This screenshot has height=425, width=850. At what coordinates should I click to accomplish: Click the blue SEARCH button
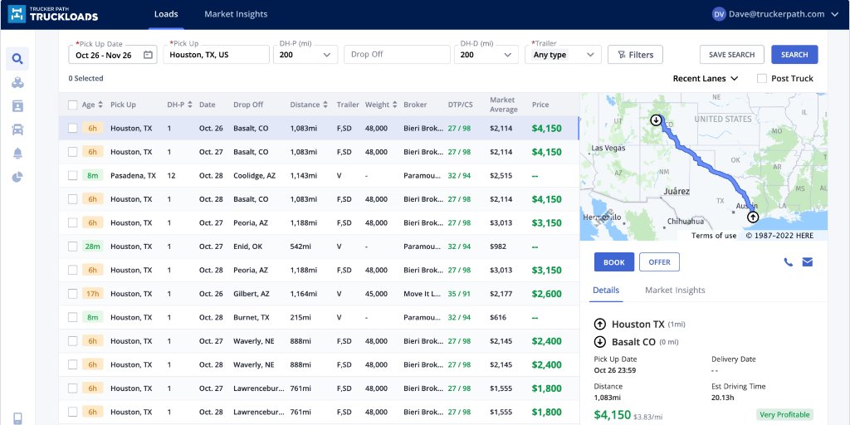[794, 55]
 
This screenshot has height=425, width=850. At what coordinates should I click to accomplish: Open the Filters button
[635, 55]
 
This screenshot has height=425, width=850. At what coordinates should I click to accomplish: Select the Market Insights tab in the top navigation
[236, 14]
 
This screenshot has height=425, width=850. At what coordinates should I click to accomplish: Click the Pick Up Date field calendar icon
[148, 55]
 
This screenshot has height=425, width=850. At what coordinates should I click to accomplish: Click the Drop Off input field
[397, 55]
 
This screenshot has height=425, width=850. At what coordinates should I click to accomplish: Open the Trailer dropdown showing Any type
[563, 55]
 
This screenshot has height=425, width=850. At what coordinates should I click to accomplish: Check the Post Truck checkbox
[762, 79]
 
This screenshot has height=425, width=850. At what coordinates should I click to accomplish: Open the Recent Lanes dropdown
[705, 79]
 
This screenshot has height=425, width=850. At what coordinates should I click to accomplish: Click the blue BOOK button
[613, 262]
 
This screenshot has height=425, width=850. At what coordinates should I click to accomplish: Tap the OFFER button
[659, 262]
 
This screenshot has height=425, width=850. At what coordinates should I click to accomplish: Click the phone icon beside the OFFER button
[788, 262]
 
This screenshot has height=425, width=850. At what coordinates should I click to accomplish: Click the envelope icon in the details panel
[807, 262]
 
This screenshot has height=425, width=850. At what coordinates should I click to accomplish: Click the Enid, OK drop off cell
[247, 247]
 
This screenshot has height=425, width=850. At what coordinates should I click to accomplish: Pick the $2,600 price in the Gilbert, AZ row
[546, 294]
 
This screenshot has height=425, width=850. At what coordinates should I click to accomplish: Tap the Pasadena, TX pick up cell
[133, 176]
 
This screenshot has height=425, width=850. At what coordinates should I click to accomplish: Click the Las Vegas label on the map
[608, 149]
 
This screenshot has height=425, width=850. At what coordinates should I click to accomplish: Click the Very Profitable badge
[784, 414]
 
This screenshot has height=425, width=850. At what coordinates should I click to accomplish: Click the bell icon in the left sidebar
[17, 154]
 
